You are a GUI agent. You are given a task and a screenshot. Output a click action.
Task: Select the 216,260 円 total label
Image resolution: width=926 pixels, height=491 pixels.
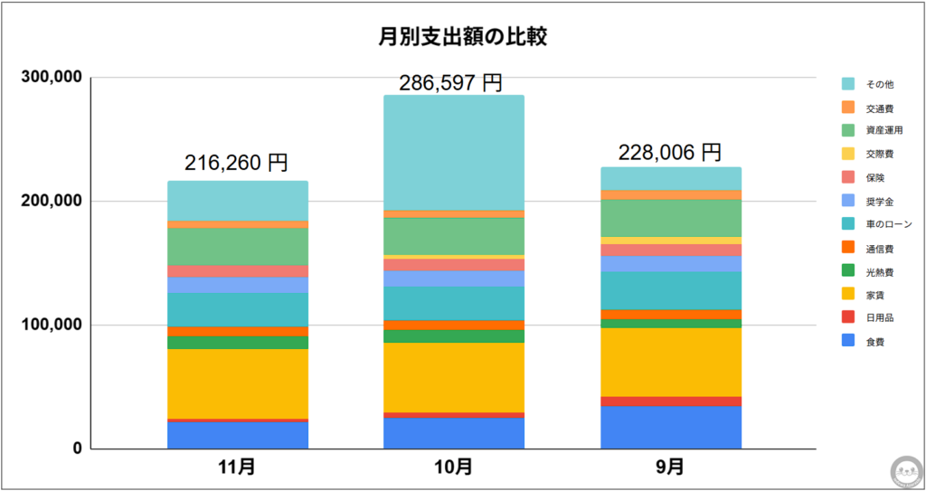click(237, 164)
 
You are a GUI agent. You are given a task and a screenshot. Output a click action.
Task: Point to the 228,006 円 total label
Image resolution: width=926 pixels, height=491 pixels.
click(670, 153)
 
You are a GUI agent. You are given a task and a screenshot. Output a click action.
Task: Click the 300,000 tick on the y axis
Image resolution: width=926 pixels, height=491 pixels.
click(52, 78)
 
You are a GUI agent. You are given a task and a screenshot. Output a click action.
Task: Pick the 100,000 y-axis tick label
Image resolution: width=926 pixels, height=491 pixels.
click(52, 325)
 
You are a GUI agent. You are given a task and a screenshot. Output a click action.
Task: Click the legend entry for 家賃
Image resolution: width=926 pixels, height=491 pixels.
click(874, 295)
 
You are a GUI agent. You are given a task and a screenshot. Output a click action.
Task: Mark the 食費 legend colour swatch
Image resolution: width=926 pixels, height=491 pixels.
click(847, 342)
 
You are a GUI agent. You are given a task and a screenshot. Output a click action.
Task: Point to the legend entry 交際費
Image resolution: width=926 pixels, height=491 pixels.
click(880, 154)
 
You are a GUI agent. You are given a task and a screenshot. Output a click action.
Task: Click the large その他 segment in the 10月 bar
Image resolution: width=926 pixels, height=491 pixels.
click(453, 153)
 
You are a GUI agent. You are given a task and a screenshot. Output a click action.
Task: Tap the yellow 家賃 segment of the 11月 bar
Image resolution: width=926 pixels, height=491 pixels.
click(237, 383)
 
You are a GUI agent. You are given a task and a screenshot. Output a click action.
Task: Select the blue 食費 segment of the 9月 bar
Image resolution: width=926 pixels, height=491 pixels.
click(670, 428)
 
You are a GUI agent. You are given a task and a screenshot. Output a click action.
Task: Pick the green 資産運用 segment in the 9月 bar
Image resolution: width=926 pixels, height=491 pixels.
click(670, 218)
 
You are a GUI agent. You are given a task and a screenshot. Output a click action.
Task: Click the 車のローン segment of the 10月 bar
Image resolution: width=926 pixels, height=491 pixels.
click(453, 303)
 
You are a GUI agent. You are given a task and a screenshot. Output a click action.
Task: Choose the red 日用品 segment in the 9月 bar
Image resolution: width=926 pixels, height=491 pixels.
click(670, 401)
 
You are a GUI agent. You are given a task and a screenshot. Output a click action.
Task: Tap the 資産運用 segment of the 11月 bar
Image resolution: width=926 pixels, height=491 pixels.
click(237, 246)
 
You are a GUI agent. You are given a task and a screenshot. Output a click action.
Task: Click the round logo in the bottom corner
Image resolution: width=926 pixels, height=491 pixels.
click(905, 470)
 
